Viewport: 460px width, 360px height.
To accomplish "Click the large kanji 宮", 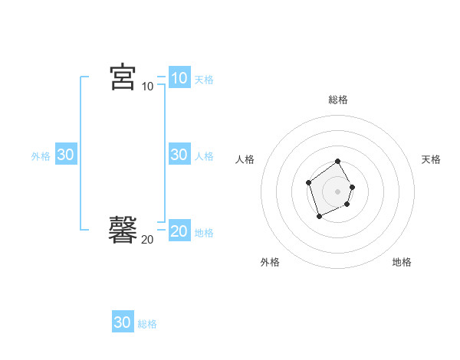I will coord(123,77).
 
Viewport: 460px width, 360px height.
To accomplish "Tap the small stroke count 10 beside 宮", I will coord(147,87).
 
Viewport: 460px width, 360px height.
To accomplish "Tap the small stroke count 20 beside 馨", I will coord(147,240).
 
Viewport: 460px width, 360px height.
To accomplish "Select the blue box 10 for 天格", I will coord(179,77).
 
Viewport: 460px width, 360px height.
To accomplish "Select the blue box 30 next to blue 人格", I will coord(179,155).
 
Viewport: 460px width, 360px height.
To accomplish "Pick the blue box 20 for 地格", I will coord(179,231).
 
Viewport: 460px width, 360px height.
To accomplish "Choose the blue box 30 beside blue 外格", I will coord(65,155).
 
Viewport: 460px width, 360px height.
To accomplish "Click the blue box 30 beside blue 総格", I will coord(123,322).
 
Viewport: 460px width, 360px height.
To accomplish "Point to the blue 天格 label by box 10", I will coord(204,79).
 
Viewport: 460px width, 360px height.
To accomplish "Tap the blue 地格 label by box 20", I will coord(204,233).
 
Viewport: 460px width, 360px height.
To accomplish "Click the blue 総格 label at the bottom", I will coord(147,324).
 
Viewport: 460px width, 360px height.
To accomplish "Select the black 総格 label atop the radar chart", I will coord(338,100).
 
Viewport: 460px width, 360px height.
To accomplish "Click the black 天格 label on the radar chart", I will coord(431,159).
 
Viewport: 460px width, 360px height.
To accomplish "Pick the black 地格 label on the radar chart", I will coord(402,262).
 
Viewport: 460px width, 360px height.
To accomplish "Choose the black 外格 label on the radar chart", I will coord(270,262).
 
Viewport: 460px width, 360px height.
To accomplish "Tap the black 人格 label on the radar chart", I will coord(245,159).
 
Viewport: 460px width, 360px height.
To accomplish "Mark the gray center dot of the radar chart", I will coord(337,191).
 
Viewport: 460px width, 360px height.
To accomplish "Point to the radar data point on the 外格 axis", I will coord(319,217).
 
